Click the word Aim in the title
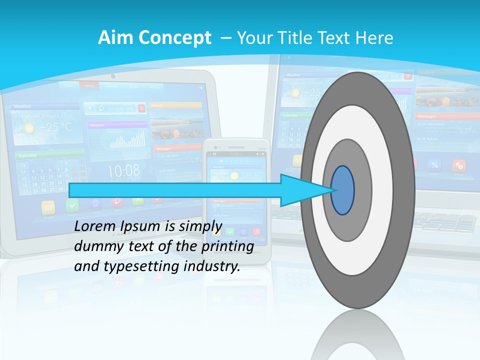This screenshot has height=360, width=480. click(115, 38)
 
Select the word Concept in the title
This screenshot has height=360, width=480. click(174, 38)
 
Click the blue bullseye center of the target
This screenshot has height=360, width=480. click(342, 190)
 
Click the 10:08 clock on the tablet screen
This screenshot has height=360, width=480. click(123, 171)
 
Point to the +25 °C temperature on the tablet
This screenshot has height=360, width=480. click(55, 127)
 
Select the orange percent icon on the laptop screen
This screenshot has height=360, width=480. click(458, 165)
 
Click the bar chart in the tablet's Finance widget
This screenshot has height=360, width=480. click(128, 139)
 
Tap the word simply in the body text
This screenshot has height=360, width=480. click(196, 226)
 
